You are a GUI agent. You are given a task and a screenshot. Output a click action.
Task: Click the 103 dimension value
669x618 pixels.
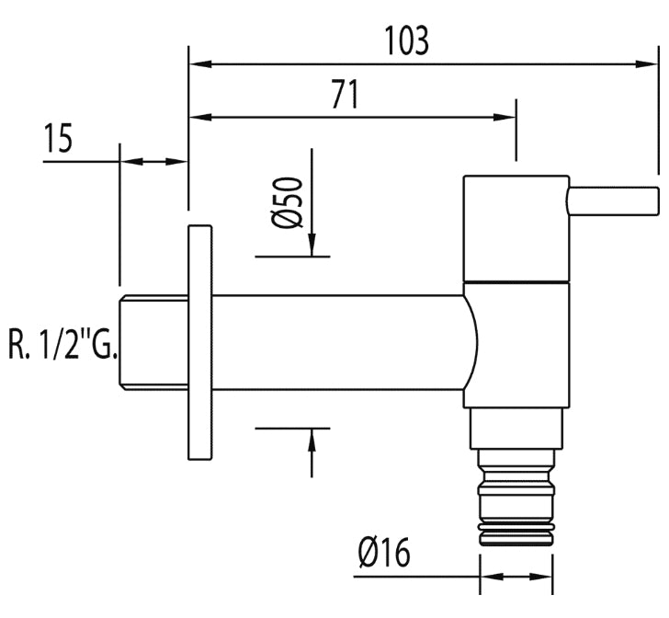point(406,41)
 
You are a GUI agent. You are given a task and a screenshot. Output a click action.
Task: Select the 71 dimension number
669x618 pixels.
point(346,95)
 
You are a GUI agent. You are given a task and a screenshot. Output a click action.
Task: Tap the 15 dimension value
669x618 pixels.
point(59,138)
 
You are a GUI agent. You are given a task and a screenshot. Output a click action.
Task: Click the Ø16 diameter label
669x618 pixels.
point(384,552)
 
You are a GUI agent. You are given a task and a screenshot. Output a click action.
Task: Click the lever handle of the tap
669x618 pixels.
point(613,200)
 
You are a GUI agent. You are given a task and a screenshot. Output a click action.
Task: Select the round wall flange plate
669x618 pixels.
point(199,342)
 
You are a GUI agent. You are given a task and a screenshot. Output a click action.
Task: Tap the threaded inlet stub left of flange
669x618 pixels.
point(153,342)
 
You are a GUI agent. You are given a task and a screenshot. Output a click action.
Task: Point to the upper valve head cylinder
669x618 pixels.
point(516,228)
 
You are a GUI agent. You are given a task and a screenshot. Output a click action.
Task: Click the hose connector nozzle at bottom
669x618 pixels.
point(516,498)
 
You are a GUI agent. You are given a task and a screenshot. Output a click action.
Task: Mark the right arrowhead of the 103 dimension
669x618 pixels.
point(645,64)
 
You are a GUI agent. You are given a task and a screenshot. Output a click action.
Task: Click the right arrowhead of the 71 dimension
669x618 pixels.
point(505,117)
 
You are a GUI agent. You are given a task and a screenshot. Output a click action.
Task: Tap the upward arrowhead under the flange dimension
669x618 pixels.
point(312,440)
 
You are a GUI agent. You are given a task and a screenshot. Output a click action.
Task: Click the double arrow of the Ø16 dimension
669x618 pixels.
point(516,577)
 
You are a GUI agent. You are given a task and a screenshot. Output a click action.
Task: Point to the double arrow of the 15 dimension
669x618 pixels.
point(153,162)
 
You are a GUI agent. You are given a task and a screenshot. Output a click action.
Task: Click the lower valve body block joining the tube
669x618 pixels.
point(516,345)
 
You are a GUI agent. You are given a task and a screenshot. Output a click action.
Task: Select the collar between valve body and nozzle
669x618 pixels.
point(516,429)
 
